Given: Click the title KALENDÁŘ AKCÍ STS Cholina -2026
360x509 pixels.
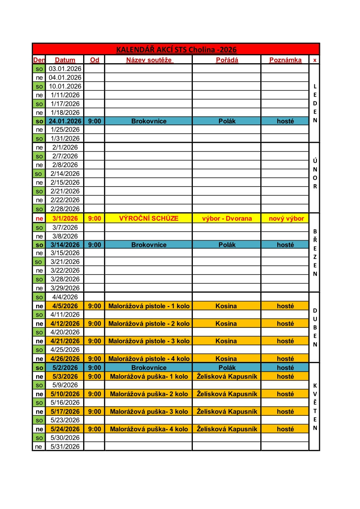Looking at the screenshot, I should (x=176, y=49).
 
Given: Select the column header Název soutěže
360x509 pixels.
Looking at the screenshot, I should (x=149, y=60).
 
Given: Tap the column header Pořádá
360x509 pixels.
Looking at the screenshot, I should (x=227, y=60).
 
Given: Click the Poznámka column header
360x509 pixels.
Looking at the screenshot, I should (x=285, y=60).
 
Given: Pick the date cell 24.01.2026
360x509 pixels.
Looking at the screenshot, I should (x=65, y=121).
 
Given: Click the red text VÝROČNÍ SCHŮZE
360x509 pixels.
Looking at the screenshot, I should (x=148, y=218).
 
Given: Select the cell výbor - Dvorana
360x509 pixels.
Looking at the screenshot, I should (x=227, y=218).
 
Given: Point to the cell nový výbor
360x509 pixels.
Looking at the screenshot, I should (x=285, y=218).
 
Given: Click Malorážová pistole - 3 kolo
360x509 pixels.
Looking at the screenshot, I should (x=148, y=341).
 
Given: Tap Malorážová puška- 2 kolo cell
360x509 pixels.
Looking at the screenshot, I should (x=148, y=394).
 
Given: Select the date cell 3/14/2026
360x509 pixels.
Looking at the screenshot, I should (x=65, y=245).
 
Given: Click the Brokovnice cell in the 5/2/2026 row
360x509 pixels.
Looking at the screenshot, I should (x=148, y=367).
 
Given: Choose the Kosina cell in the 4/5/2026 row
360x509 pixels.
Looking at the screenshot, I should (x=226, y=306).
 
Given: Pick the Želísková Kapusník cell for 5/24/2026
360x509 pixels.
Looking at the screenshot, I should (x=227, y=429).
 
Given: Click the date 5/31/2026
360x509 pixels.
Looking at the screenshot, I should (x=65, y=446).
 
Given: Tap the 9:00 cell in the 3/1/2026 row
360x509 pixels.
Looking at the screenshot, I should (x=94, y=218).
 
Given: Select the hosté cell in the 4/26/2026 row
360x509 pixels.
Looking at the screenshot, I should (x=285, y=359).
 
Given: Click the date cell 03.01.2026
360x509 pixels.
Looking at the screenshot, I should (x=65, y=68).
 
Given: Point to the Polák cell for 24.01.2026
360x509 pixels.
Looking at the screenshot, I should (x=227, y=121).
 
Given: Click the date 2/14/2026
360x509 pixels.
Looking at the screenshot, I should (x=65, y=173).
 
